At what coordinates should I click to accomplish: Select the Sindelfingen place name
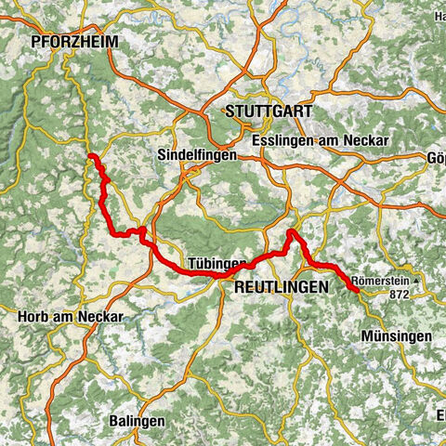coord(194,153)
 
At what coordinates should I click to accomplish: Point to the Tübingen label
coord(216,263)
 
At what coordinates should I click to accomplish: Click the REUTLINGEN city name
coord(282,288)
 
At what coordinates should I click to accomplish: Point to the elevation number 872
coord(400,294)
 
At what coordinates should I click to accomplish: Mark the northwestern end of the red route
coord(90,156)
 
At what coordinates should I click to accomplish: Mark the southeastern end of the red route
coord(357,291)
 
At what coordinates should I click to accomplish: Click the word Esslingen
coord(282,140)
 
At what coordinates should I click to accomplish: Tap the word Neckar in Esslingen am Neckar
coord(368,140)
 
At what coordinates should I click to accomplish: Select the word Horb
coord(33,316)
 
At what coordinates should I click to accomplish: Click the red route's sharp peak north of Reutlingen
coord(291,232)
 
